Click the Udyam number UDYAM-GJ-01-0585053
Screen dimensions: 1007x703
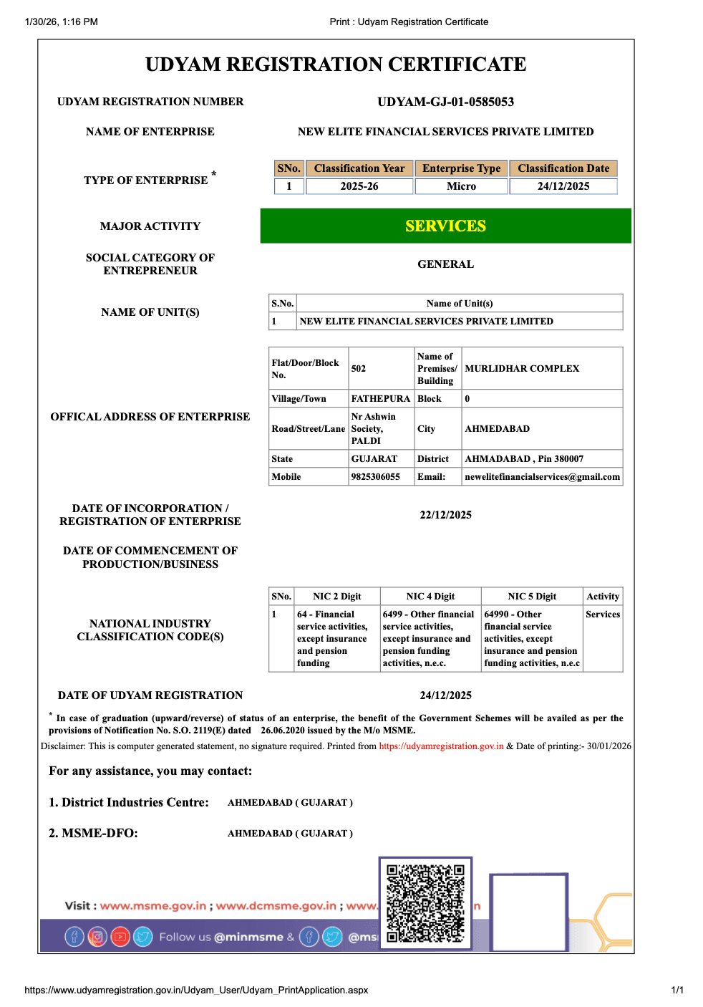445,102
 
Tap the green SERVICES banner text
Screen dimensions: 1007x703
445,226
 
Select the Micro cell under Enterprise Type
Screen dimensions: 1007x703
461,186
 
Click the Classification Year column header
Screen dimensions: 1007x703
359,168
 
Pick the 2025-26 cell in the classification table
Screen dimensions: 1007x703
359,186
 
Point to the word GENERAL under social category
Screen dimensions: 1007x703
445,264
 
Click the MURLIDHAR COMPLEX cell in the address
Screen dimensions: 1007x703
522,368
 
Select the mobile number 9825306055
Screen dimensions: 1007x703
376,477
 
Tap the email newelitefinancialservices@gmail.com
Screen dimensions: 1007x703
542,477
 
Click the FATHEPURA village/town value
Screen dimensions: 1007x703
380,399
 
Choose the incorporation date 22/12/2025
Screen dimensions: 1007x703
445,515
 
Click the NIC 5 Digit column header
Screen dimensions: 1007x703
532,597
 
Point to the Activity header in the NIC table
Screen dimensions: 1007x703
603,597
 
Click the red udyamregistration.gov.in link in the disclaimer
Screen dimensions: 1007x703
441,746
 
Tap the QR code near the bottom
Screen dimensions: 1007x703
425,903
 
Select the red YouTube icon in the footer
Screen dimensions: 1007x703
120,936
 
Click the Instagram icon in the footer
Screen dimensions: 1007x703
97,936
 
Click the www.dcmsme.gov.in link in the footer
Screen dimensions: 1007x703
276,906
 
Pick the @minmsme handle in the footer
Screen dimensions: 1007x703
249,937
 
